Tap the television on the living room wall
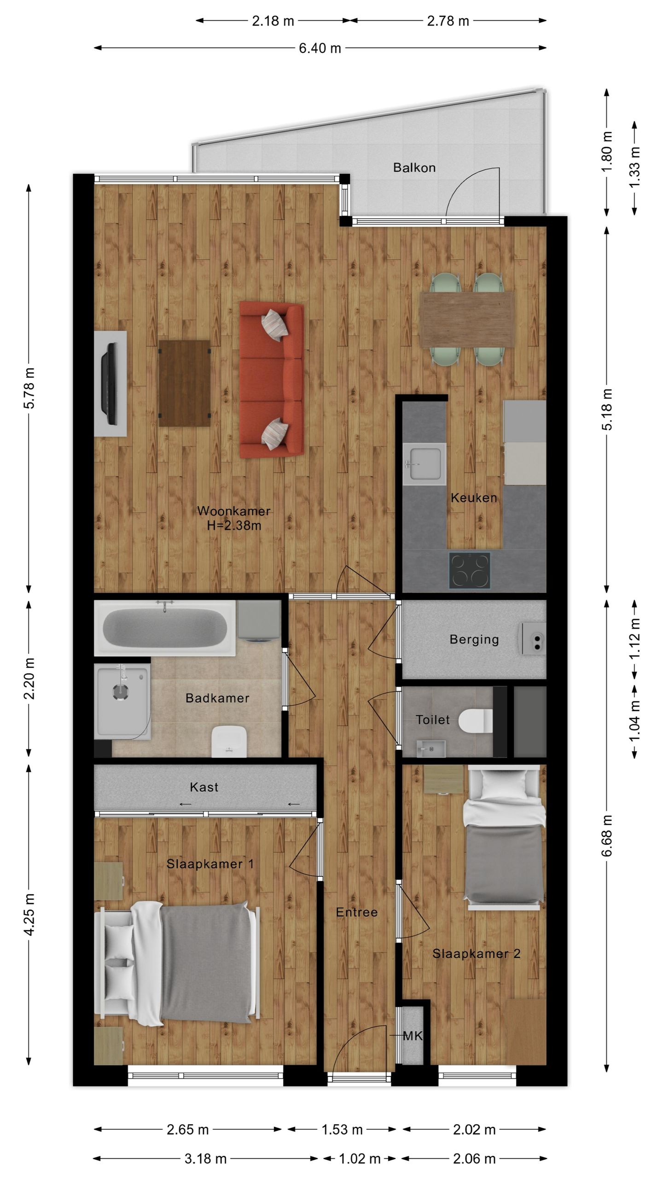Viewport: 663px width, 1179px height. (110, 384)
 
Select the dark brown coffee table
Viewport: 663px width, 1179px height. (184, 383)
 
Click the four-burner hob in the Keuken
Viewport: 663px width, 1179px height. (469, 570)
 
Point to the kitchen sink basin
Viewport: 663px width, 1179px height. (424, 464)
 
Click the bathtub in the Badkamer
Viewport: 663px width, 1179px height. (165, 628)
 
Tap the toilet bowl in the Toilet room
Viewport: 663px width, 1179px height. (476, 720)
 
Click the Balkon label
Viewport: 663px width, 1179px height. (414, 168)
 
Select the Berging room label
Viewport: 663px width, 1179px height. (474, 639)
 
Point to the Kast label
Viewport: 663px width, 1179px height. (204, 787)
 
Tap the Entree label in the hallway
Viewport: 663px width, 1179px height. (357, 912)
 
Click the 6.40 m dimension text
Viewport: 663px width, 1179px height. (320, 48)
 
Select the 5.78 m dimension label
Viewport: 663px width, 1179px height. (29, 388)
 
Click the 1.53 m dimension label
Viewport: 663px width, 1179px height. (342, 1129)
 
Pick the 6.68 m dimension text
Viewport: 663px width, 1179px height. (607, 835)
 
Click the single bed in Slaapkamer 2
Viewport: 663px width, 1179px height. (504, 838)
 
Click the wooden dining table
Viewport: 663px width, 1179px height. (467, 319)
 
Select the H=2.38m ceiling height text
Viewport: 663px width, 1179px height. (234, 525)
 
